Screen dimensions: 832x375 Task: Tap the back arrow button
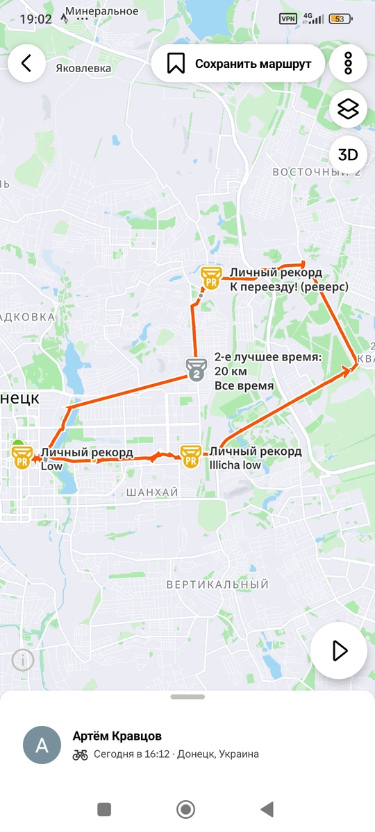[26, 63]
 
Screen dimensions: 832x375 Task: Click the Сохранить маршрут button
[238, 64]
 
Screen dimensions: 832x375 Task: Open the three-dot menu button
[348, 63]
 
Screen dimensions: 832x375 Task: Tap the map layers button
[348, 109]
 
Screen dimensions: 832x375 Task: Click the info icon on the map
[22, 659]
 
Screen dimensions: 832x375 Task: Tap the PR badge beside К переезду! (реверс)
[210, 278]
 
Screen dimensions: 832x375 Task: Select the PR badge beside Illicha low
[190, 457]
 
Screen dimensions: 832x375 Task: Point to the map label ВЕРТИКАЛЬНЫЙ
[217, 585]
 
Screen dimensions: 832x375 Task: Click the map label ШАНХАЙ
[153, 492]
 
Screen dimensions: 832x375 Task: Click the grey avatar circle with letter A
[42, 745]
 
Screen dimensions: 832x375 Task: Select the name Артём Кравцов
[117, 736]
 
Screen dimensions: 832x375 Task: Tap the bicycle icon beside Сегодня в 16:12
[81, 754]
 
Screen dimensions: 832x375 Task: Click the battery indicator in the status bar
[340, 19]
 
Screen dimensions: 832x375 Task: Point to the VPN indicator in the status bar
[287, 19]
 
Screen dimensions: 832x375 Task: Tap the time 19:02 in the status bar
[35, 19]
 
